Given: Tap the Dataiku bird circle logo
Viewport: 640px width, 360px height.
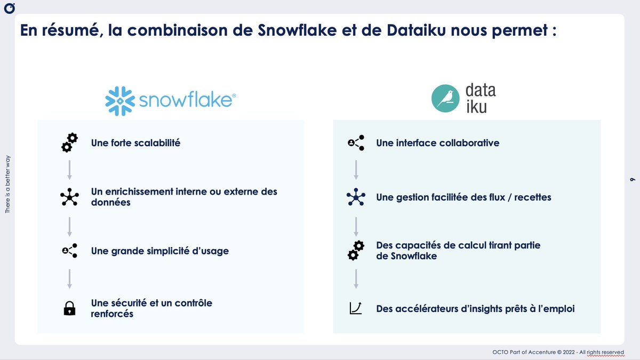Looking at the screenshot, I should (x=447, y=98).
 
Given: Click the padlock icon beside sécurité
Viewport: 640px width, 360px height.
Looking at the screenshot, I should (x=69, y=308).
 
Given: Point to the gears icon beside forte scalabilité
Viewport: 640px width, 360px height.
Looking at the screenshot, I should (x=69, y=142).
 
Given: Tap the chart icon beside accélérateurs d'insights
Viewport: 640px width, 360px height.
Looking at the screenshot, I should (x=355, y=308).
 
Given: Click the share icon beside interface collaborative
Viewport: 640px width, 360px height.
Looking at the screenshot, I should (x=355, y=143).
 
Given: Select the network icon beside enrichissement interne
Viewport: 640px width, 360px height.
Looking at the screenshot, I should (x=69, y=197).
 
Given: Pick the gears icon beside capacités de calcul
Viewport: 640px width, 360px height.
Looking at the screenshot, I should (x=355, y=250).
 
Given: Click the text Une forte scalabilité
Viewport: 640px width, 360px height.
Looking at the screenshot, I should (x=135, y=143).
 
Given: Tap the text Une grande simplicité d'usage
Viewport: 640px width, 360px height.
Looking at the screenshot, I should (x=160, y=251).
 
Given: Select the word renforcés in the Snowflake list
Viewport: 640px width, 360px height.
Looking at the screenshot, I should (x=112, y=314).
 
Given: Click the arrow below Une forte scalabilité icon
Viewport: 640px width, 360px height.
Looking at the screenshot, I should (x=69, y=170).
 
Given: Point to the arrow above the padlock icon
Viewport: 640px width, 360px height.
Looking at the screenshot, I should (x=69, y=279).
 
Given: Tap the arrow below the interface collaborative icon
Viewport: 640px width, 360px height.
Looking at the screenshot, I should (x=356, y=170).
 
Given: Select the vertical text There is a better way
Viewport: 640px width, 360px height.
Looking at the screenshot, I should (x=7, y=185).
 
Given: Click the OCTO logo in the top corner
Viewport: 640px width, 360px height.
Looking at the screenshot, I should (x=9, y=9).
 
